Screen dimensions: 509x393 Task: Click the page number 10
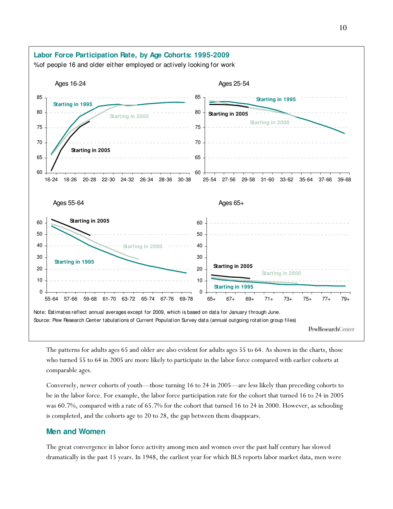(x=343, y=28)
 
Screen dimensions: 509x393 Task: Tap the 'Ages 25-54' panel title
(x=234, y=83)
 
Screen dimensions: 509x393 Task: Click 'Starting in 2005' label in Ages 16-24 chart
(x=91, y=150)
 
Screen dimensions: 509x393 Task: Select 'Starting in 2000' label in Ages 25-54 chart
(x=269, y=122)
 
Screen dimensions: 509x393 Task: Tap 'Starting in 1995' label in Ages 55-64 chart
(x=74, y=262)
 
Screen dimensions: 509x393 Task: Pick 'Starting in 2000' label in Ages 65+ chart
(x=281, y=273)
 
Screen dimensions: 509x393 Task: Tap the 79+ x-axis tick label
(x=345, y=299)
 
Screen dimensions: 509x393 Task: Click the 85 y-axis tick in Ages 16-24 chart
(x=39, y=98)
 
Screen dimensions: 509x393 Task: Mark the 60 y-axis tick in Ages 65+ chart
(x=199, y=223)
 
